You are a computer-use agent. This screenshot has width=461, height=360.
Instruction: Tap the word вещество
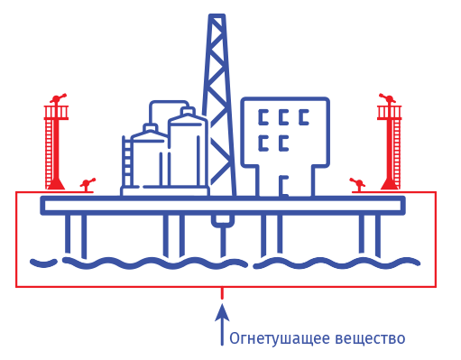click(370, 338)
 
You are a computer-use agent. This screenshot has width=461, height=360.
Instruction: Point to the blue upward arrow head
click(222, 312)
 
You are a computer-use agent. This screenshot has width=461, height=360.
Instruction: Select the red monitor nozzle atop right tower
click(388, 98)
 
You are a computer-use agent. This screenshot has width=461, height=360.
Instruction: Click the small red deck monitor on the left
click(88, 184)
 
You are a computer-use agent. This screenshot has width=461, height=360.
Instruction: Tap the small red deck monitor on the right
click(358, 184)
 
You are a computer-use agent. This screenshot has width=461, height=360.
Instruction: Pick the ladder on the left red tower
click(49, 154)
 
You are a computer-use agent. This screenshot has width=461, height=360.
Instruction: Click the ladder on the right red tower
click(397, 154)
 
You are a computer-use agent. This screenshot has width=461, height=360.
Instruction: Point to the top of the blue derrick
click(217, 16)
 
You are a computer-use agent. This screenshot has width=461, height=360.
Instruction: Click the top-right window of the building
click(304, 117)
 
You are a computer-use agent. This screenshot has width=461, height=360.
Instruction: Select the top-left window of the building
click(263, 117)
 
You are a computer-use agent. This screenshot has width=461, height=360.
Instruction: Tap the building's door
click(283, 187)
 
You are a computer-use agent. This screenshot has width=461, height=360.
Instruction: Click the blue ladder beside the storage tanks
click(127, 162)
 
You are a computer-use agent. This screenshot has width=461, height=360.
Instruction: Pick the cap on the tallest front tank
click(188, 111)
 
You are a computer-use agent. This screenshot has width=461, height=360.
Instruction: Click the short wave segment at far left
click(43, 263)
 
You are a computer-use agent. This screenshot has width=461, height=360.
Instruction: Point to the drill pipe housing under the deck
click(223, 221)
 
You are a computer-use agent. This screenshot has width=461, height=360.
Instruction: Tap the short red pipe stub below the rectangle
click(222, 293)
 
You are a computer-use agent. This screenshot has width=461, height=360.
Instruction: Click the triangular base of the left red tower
click(56, 184)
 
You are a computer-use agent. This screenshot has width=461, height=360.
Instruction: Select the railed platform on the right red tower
click(390, 113)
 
